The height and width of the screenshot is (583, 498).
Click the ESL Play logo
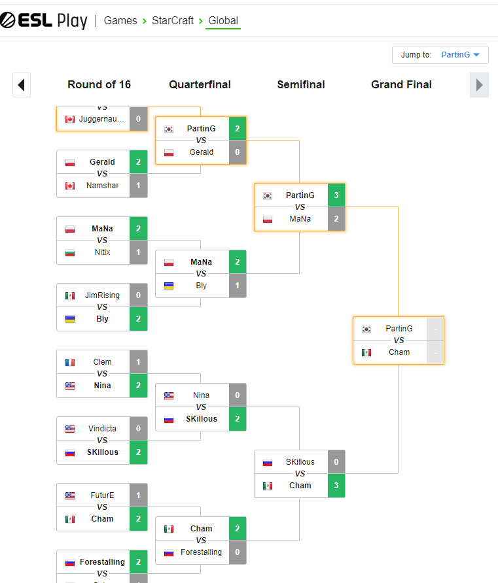(44, 20)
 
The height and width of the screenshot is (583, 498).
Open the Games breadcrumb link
(120, 20)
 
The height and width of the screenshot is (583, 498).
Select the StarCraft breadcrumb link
(173, 20)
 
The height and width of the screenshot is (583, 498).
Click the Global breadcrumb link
(223, 20)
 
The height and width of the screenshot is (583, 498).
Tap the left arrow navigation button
(21, 85)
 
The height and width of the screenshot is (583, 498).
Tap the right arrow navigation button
(479, 85)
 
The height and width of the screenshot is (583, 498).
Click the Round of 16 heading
(99, 84)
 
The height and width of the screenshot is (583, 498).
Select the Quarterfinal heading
(200, 84)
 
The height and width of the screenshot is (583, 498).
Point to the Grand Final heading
(401, 84)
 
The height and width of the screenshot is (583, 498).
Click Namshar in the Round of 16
(102, 186)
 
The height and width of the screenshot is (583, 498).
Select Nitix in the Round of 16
(102, 252)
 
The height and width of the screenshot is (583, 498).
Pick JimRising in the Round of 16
(102, 295)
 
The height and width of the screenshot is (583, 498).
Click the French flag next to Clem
(70, 362)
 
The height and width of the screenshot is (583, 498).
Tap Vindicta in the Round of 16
(102, 429)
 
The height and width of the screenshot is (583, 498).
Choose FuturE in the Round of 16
(102, 495)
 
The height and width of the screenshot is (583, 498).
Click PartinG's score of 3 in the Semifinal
(336, 195)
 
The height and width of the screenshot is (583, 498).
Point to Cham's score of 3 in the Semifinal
(336, 486)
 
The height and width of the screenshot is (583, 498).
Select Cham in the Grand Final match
(399, 352)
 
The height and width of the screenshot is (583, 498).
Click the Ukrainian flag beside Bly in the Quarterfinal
(169, 286)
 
